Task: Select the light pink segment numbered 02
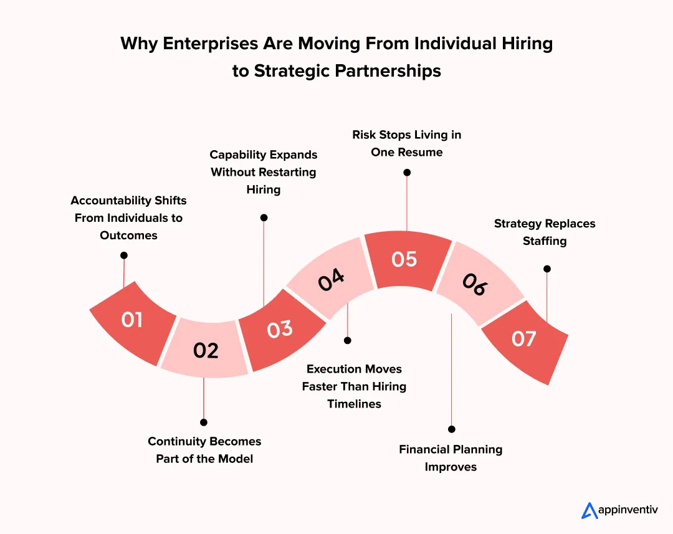pyautogui.click(x=206, y=350)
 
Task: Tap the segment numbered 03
pyautogui.click(x=280, y=329)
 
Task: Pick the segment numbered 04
pyautogui.click(x=331, y=280)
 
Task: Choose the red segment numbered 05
pyautogui.click(x=404, y=259)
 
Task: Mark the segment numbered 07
pyautogui.click(x=524, y=339)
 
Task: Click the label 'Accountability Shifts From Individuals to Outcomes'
pyautogui.click(x=128, y=218)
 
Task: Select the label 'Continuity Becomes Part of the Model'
pyautogui.click(x=204, y=450)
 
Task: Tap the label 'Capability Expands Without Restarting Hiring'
pyautogui.click(x=264, y=172)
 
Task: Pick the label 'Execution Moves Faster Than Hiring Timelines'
pyautogui.click(x=354, y=386)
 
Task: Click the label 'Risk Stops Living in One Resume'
pyautogui.click(x=407, y=143)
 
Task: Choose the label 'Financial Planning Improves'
pyautogui.click(x=451, y=458)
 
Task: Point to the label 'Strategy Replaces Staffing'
pyautogui.click(x=545, y=232)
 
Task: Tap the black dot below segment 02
pyautogui.click(x=204, y=422)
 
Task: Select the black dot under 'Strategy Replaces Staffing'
pyautogui.click(x=547, y=269)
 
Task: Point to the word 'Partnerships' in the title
pyautogui.click(x=388, y=71)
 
